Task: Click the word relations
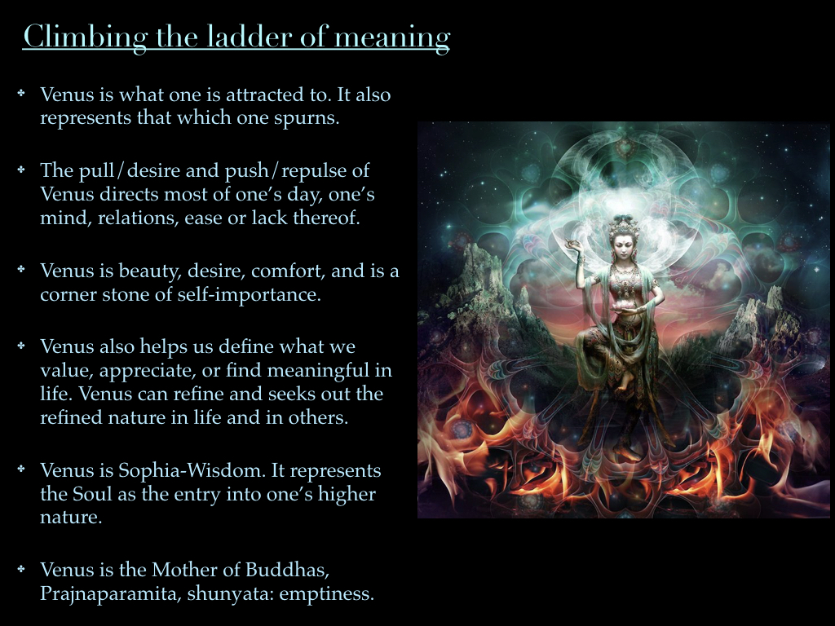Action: pyautogui.click(x=136, y=218)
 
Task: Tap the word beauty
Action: pyautogui.click(x=155, y=271)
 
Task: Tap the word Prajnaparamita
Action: pyautogui.click(x=110, y=593)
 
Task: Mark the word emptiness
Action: pyautogui.click(x=327, y=593)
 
